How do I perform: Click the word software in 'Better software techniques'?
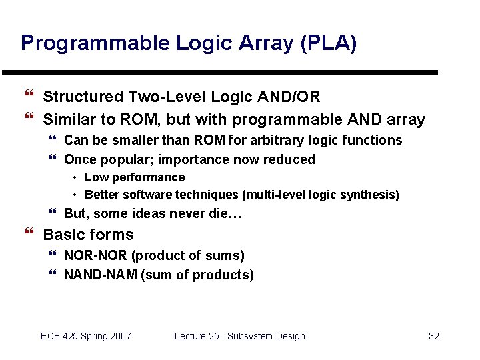(x=143, y=195)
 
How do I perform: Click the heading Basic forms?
(x=88, y=235)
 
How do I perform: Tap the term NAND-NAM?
(x=100, y=275)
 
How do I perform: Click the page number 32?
(x=433, y=336)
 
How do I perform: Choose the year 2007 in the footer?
(x=119, y=336)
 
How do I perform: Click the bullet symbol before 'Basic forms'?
(x=28, y=234)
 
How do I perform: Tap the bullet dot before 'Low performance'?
(x=75, y=177)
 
